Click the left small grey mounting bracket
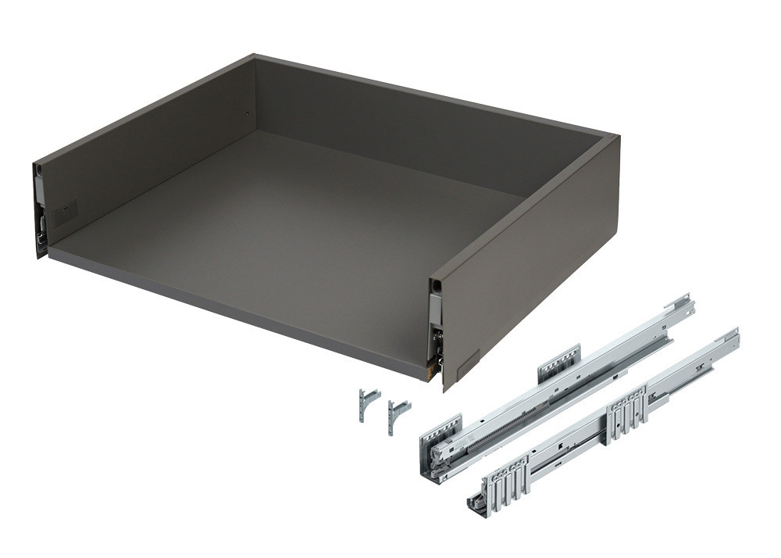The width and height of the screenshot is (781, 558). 366,402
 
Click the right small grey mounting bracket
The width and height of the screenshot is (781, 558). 397,412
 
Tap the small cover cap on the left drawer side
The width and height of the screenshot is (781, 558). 65,211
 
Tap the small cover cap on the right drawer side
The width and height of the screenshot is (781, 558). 469,362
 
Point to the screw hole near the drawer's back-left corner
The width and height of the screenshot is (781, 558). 248,112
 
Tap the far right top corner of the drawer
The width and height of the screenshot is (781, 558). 612,138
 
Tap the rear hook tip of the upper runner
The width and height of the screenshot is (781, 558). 684,300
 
